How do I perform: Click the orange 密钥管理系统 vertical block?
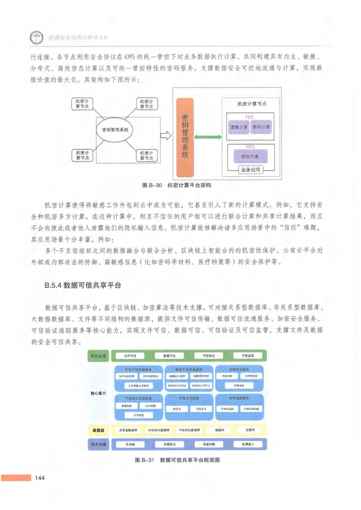coord(184,137)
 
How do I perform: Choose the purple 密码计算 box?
coord(261,127)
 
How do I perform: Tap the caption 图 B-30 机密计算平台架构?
coord(177,186)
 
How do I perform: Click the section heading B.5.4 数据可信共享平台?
coord(82,285)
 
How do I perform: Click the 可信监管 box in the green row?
coord(248,356)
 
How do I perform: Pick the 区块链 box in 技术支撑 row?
coord(130,444)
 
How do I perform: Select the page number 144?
coord(39,478)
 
